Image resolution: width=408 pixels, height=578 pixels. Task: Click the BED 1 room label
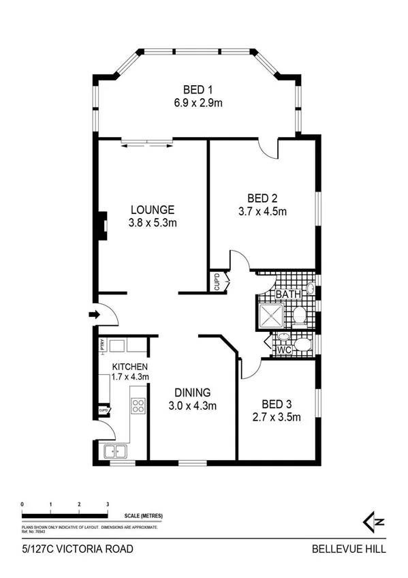[198, 89]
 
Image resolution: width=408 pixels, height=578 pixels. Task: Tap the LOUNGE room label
[153, 210]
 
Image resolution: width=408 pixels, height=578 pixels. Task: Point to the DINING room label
[192, 393]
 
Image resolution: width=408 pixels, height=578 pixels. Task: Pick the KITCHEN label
[131, 367]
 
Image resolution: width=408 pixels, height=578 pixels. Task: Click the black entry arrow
[94, 314]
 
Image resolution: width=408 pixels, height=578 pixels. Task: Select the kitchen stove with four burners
[138, 406]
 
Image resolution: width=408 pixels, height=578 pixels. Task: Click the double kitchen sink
[114, 451]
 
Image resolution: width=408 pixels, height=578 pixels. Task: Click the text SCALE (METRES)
[144, 517]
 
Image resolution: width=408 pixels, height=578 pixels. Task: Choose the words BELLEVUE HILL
[349, 549]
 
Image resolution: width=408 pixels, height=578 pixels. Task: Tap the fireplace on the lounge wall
[100, 224]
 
